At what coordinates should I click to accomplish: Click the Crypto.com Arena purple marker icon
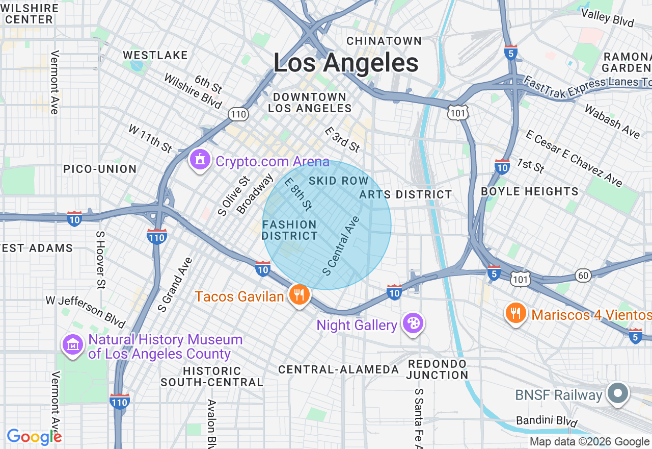[200, 160]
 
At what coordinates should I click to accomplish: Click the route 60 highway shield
[583, 276]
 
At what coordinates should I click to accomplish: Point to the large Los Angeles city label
[346, 63]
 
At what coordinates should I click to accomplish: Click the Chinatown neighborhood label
[384, 41]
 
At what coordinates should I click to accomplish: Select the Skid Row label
[338, 181]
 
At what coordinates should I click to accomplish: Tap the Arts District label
[405, 194]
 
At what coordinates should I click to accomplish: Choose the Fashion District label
[290, 230]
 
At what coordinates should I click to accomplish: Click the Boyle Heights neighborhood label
[530, 191]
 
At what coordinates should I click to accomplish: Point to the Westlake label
[155, 55]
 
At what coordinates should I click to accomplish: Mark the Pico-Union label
[100, 169]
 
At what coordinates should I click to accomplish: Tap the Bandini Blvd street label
[547, 421]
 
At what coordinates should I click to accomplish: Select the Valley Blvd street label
[608, 18]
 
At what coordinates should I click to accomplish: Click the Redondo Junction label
[437, 369]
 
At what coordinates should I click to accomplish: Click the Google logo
[34, 437]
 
